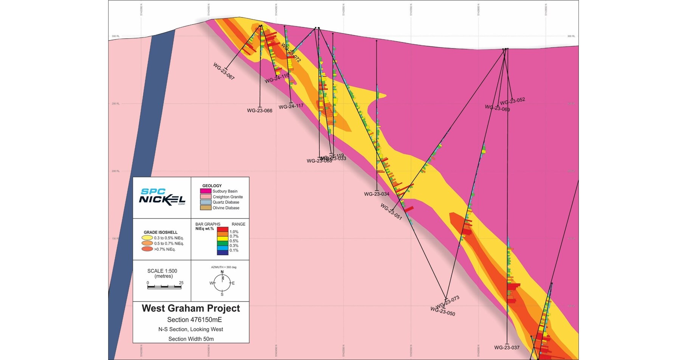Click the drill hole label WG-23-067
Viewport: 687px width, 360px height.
tap(224, 71)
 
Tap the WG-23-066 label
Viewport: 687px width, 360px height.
tap(260, 111)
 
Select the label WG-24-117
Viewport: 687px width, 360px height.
tap(291, 106)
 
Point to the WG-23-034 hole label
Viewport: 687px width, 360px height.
tap(377, 194)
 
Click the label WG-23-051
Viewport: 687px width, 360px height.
tap(391, 211)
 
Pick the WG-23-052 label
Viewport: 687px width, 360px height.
tap(512, 101)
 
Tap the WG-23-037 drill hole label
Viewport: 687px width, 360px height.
tap(507, 348)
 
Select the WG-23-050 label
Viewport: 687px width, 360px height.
tap(443, 311)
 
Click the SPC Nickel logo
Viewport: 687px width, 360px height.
tap(162, 197)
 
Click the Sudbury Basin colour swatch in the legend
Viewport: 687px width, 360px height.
tap(205, 191)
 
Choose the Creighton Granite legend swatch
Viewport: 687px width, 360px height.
tap(205, 197)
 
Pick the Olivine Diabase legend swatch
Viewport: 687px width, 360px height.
tap(205, 208)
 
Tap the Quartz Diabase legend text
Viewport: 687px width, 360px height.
tap(226, 202)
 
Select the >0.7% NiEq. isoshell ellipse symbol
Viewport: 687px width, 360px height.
tap(147, 249)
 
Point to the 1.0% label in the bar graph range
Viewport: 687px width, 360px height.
tap(234, 232)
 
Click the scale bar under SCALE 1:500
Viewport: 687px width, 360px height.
tap(164, 287)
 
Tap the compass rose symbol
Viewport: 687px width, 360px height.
tap(222, 283)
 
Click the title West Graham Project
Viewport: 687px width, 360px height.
tap(191, 308)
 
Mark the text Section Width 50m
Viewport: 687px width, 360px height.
tap(191, 339)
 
